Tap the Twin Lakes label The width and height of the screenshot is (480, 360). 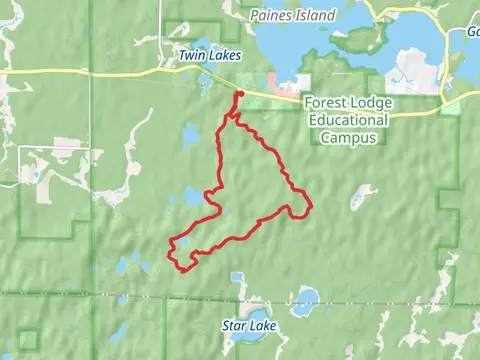point(209,56)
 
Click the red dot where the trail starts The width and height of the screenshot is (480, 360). point(240,95)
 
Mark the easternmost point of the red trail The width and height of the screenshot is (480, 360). point(311,207)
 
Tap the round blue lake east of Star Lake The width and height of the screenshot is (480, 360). point(308,297)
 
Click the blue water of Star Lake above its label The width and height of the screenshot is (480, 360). point(240,308)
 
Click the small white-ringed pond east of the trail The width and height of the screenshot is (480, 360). point(358,197)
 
